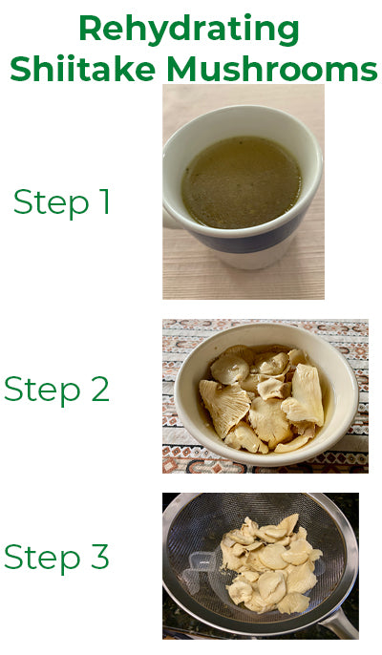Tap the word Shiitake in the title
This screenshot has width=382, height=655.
[83, 68]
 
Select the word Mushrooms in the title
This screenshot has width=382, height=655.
[272, 68]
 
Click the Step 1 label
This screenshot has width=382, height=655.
[61, 202]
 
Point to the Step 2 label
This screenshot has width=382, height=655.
[57, 389]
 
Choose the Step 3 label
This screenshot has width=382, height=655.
[57, 556]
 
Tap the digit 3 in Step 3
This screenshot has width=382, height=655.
[100, 556]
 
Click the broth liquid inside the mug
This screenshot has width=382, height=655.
[242, 182]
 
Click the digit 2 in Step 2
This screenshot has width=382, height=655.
[100, 389]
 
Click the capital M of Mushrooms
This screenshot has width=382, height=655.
[183, 68]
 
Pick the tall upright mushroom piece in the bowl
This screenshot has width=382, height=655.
[308, 393]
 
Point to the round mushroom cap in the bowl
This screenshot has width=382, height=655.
[230, 368]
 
